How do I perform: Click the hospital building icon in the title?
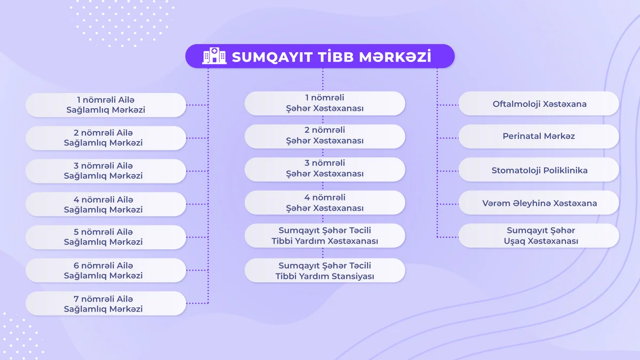click(x=214, y=55)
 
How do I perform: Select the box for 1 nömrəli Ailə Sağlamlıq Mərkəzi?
click(x=106, y=105)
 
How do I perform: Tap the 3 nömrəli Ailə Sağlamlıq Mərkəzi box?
click(x=106, y=171)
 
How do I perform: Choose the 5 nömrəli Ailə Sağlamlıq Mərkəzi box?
click(x=106, y=237)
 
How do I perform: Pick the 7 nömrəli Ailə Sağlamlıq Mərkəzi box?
click(x=106, y=303)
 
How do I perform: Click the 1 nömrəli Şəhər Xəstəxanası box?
click(x=325, y=103)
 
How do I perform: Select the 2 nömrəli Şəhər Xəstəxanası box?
click(x=325, y=136)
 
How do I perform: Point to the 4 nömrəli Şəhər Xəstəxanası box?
click(x=325, y=202)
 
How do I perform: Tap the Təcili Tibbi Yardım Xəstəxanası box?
click(x=325, y=235)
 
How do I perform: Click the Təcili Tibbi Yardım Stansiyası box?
click(x=325, y=270)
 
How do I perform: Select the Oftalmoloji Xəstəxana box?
click(x=539, y=103)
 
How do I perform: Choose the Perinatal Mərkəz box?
click(x=539, y=136)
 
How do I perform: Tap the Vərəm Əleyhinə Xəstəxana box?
click(x=539, y=202)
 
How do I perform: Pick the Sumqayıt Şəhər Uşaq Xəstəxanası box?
click(x=539, y=235)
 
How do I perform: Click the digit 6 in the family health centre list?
click(x=76, y=266)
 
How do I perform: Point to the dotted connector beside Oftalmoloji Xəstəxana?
click(x=447, y=105)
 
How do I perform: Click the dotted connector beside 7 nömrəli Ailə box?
click(x=197, y=303)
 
